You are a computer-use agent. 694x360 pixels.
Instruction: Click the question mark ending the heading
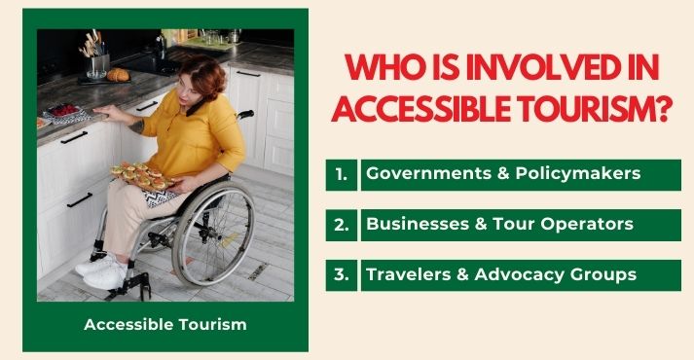pos(667,109)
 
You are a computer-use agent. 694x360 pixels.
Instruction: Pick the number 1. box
pos(341,175)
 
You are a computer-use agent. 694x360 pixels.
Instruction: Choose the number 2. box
pos(341,225)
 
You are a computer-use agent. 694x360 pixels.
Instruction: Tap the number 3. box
pos(341,275)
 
